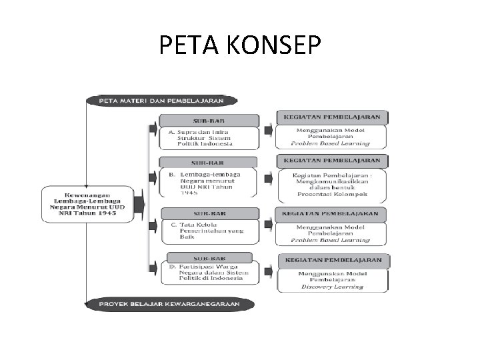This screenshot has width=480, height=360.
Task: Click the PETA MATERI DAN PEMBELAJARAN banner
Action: click(x=162, y=101)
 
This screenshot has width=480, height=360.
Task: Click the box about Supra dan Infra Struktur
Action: click(x=209, y=137)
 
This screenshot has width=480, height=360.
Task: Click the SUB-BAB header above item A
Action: click(x=208, y=120)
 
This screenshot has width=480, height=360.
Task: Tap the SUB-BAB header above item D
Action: click(x=208, y=257)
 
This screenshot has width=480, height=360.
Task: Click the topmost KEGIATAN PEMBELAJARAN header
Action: click(x=332, y=117)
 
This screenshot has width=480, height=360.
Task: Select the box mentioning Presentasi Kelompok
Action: click(x=332, y=186)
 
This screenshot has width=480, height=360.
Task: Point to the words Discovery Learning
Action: click(x=332, y=287)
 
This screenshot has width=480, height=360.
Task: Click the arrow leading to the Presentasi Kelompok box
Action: click(x=267, y=179)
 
